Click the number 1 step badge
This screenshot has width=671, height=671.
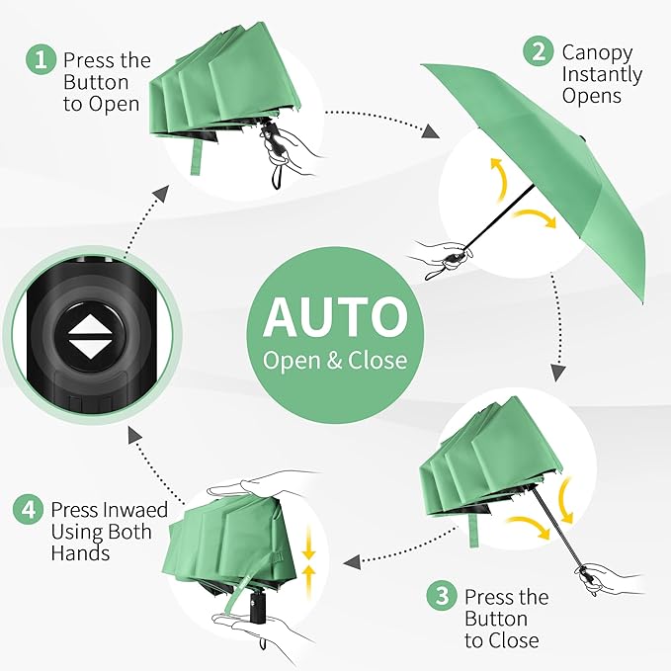[x=41, y=60]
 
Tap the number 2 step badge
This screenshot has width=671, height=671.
[x=539, y=51]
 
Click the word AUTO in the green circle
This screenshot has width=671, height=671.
[x=335, y=316]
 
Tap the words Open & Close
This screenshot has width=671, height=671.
[x=335, y=360]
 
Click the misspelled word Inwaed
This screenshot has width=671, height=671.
[x=134, y=510]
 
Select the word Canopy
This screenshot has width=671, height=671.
[x=597, y=52]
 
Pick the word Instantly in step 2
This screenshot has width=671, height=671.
[x=602, y=74]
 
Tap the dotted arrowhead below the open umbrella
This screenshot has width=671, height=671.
[x=557, y=372]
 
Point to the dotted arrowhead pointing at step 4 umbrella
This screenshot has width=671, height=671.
[x=351, y=562]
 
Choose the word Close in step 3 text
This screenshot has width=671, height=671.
[x=513, y=640]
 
